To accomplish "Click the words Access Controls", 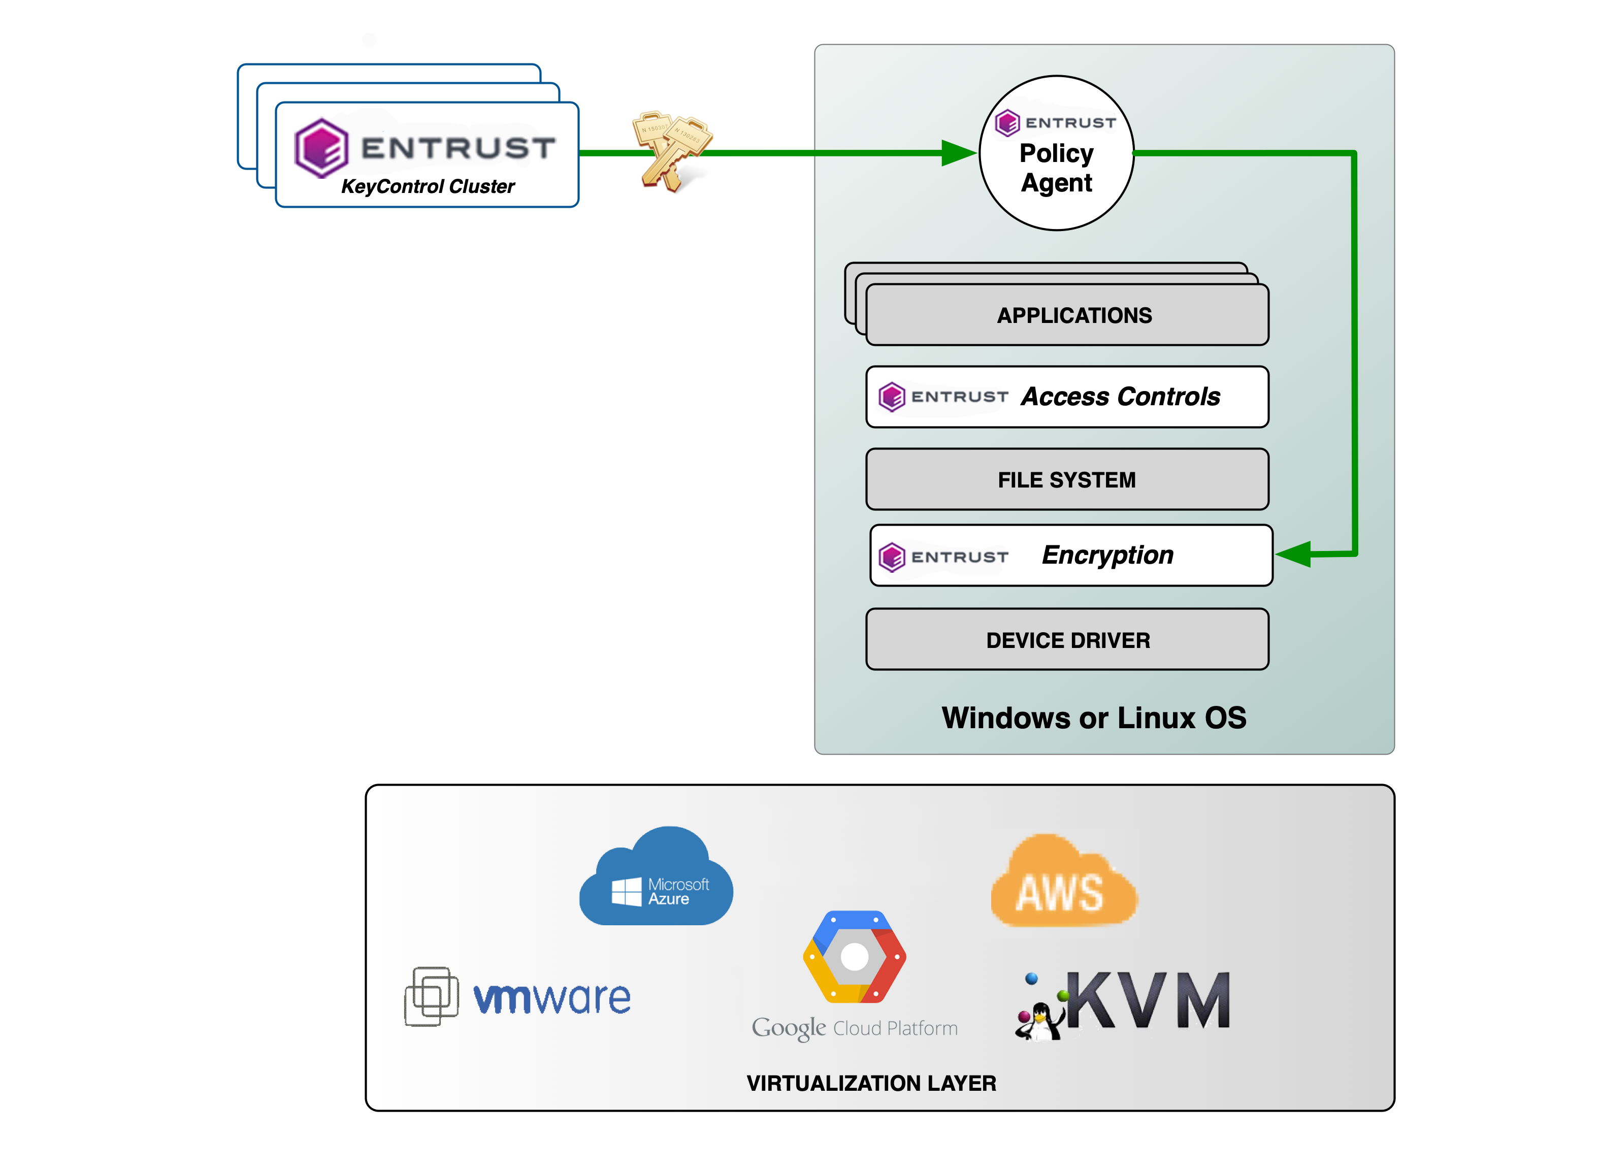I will pos(1120,397).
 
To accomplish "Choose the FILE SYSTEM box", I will pos(1066,479).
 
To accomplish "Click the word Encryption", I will pos(1107,555).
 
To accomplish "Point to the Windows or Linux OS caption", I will pos(1093,718).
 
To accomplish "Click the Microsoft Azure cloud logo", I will pos(656,878).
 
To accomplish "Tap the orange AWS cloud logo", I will pos(1062,882).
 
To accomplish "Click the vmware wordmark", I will pos(551,998).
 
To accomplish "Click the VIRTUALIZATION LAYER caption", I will pos(870,1083).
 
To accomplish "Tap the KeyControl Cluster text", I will pos(428,186).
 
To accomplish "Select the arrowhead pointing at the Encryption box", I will pos(1293,554).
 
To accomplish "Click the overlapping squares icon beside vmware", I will pos(431,996).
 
